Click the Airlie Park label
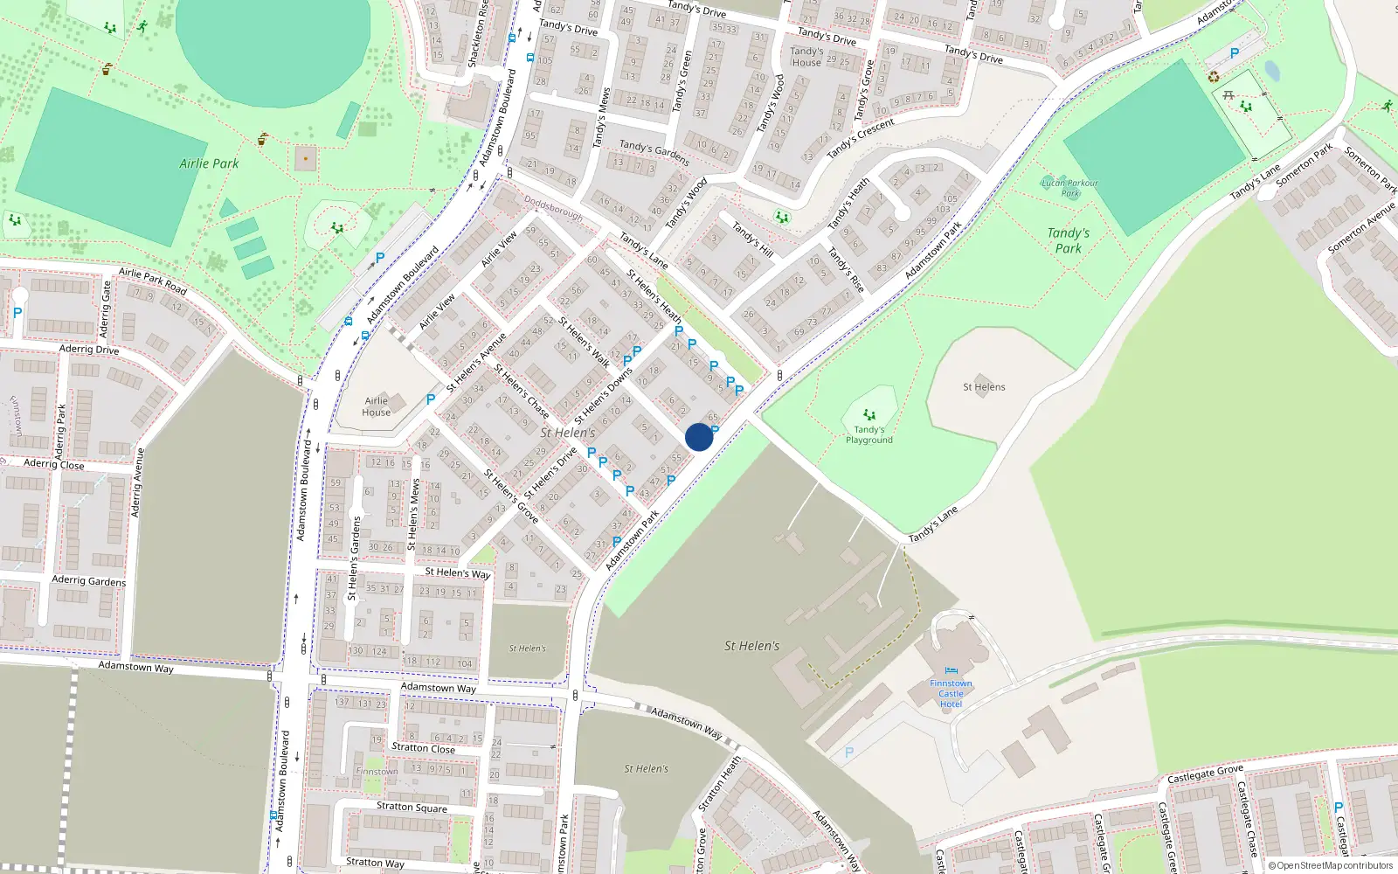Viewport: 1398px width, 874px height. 209,163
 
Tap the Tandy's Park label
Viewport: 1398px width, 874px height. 1069,240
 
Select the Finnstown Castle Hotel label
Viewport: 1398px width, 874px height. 951,694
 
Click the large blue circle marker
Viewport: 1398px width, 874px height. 699,437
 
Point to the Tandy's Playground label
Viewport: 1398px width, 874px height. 869,434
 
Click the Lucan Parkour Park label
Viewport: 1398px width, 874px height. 1070,188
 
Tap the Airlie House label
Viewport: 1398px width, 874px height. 377,406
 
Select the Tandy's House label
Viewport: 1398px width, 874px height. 806,57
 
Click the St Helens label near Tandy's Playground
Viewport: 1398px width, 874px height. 984,387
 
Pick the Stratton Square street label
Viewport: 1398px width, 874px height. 412,807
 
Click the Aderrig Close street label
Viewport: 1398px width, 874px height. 54,464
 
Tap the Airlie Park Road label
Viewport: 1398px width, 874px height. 153,281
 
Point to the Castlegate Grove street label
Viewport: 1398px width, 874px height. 1205,774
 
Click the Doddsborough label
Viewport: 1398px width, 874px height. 553,208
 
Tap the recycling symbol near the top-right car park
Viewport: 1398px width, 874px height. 1214,77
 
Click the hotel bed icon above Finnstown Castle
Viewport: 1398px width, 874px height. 951,671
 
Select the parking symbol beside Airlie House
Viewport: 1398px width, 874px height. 431,399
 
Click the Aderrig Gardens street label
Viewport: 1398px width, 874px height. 89,580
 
